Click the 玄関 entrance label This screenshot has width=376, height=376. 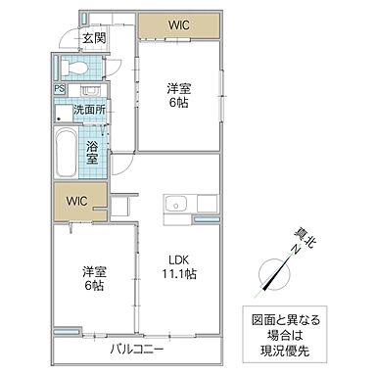94,38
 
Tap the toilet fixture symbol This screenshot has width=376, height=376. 72,68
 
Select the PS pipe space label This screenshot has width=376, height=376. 59,89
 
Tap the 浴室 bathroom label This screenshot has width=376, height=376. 91,151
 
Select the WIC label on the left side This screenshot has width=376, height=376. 77,201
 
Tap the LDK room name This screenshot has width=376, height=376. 176,258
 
